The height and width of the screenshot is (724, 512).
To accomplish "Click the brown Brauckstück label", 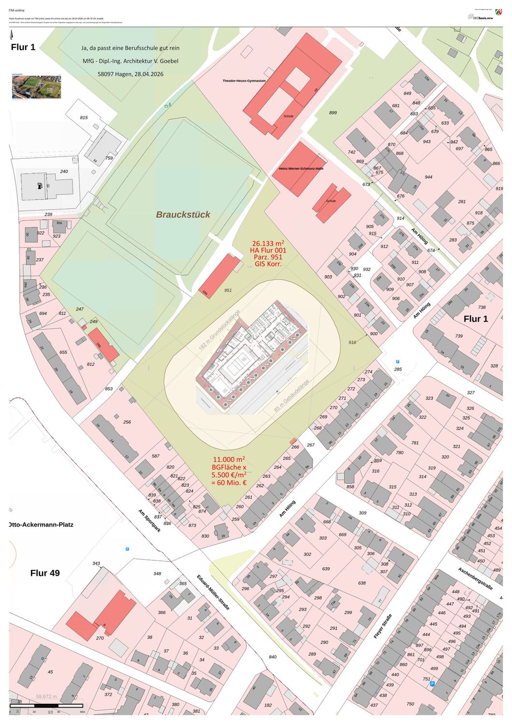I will [183, 214].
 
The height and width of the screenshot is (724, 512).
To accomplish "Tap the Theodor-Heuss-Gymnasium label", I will [244, 81].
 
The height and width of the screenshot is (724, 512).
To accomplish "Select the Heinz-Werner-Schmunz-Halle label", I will [301, 168].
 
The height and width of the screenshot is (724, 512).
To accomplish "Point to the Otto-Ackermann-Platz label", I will [41, 524].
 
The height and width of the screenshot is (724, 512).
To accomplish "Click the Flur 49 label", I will [45, 573].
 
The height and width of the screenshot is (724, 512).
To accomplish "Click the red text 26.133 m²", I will [268, 243].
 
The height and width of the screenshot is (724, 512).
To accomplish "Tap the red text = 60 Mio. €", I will [229, 483].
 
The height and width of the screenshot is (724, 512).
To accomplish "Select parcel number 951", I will [228, 291].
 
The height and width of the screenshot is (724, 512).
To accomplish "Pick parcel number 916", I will [352, 342].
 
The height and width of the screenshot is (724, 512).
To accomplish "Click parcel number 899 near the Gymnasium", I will [333, 112].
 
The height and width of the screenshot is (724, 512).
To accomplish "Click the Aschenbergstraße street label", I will [475, 578].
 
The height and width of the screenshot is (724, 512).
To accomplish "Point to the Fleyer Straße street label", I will [383, 627].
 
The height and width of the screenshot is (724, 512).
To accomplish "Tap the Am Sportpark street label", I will [149, 520].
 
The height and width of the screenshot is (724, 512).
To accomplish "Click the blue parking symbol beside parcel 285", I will [398, 362].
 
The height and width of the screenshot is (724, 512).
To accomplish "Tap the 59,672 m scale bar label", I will [46, 696].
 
